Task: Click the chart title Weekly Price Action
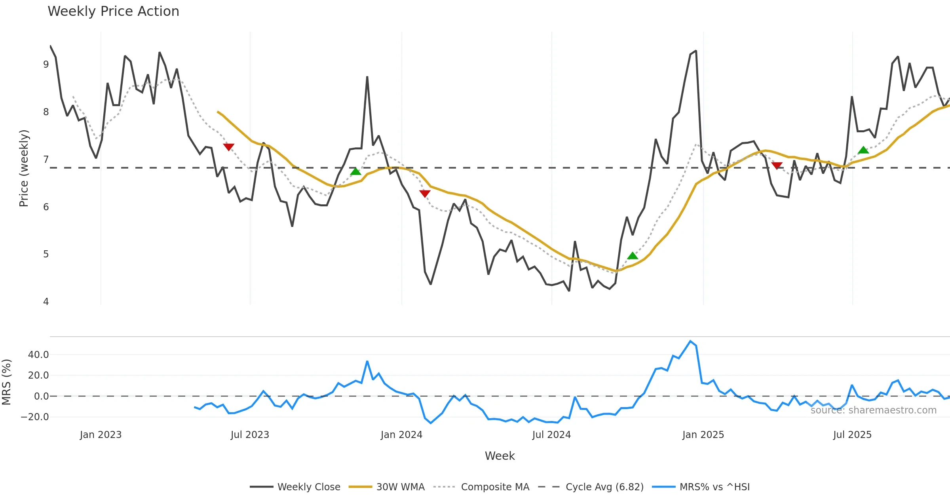pos(113,11)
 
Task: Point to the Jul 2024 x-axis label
pos(551,435)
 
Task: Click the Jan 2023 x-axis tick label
pos(101,435)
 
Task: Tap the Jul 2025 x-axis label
pos(852,435)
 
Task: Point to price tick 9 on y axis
pos(46,65)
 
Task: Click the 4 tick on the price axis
pos(46,302)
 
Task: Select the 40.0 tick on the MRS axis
pos(38,355)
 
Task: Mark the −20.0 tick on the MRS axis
pos(35,417)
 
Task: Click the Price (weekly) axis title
pos(24,168)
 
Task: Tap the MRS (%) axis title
pos(7,382)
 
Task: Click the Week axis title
pos(500,456)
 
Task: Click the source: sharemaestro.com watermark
pos(873,410)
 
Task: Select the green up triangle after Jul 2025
pos(863,150)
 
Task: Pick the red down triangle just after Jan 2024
pos(425,194)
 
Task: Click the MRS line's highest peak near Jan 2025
pos(690,341)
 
